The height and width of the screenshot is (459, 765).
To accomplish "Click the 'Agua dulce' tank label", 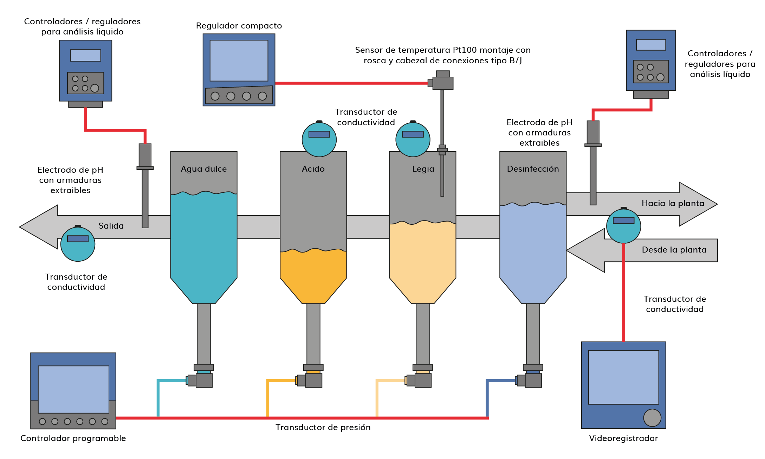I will (x=203, y=169).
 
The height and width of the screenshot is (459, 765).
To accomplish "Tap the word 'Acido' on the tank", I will (x=313, y=169).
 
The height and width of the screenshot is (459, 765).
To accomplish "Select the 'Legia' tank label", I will (x=423, y=169).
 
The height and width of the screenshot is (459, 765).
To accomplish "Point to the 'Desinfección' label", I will (x=533, y=169).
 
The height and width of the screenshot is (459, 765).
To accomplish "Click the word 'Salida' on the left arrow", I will (x=111, y=226).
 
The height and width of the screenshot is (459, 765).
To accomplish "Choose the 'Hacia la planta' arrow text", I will (x=673, y=203).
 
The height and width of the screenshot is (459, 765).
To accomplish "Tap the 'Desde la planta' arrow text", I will (x=674, y=250).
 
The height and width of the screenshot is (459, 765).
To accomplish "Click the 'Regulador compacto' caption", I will (x=239, y=26).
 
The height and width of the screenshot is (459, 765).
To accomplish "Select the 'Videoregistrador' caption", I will (x=623, y=438).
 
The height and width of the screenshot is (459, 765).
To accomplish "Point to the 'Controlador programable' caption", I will (x=73, y=438).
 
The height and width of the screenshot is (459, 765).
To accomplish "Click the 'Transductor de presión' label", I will (x=323, y=427).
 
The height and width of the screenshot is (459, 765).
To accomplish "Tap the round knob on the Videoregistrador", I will (x=652, y=417).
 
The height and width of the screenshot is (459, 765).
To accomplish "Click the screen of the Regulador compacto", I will (x=239, y=60).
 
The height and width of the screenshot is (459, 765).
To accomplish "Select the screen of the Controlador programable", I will (x=73, y=389).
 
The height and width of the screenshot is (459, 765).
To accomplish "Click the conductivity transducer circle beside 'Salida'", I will (x=78, y=244).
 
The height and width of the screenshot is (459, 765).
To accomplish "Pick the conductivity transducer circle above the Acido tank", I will (x=319, y=139).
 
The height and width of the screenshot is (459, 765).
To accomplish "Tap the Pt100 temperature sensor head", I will (x=442, y=83).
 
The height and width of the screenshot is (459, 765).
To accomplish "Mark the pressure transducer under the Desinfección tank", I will (x=533, y=380).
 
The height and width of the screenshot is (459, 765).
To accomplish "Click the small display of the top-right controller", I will (x=651, y=45).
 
